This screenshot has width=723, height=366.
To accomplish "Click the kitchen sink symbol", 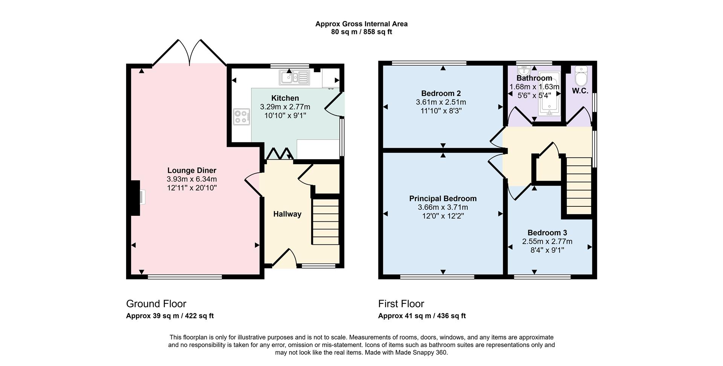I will pyautogui.click(x=294, y=78).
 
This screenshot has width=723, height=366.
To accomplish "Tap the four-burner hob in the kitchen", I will pyautogui.click(x=241, y=117).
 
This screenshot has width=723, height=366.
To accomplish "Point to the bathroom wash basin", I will pyautogui.click(x=524, y=71).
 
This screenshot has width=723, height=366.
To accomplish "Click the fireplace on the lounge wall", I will pyautogui.click(x=136, y=198).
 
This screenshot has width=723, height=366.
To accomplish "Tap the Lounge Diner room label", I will pyautogui.click(x=192, y=171).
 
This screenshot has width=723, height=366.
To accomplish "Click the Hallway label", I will pyautogui.click(x=287, y=214).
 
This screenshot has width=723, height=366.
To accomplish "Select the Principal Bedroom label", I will pyautogui.click(x=443, y=198).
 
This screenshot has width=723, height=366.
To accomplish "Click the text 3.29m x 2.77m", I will pyautogui.click(x=285, y=107).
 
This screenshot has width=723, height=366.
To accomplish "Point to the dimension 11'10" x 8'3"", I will pyautogui.click(x=441, y=111).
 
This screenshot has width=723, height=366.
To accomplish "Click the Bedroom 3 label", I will pyautogui.click(x=547, y=233).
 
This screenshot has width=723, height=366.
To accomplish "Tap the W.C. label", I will pyautogui.click(x=580, y=91).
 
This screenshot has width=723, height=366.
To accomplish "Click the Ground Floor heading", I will pyautogui.click(x=156, y=303).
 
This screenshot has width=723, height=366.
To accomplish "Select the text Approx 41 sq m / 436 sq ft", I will pyautogui.click(x=422, y=316).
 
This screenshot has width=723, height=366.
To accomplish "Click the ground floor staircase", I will pyautogui.click(x=325, y=222).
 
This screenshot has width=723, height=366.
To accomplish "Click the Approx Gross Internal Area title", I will pyautogui.click(x=361, y=24).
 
